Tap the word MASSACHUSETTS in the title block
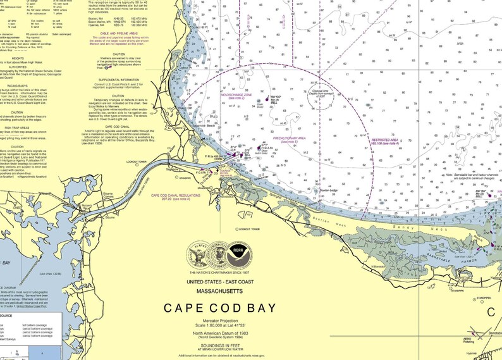219,290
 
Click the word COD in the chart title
220,309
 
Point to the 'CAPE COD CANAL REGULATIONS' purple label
175,196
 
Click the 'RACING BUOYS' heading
16,84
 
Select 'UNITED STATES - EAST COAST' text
219,282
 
